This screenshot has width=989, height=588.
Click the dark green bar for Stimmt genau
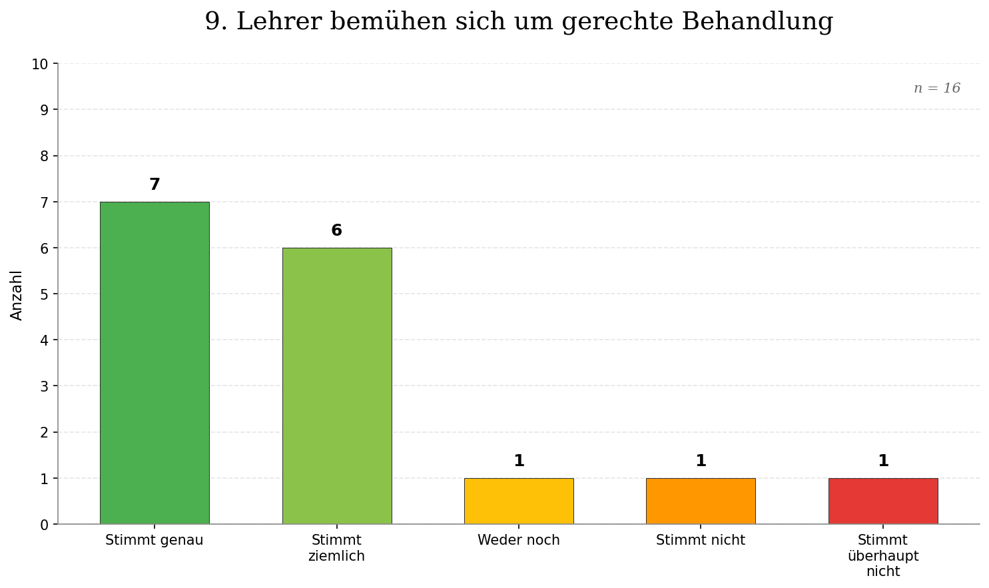coord(155,363)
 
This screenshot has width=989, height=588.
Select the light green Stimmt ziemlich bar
coord(336,386)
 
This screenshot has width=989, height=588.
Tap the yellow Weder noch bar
coord(518,501)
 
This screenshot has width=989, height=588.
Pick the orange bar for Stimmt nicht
coord(701,501)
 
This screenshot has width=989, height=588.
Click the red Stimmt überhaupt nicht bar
coord(882,501)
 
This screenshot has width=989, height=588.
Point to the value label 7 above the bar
coord(155,185)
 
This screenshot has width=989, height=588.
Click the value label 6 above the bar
coord(336,231)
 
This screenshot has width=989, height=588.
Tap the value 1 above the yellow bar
coord(519,461)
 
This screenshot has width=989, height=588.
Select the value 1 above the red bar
coord(883,461)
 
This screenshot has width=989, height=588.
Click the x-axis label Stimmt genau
coord(155,540)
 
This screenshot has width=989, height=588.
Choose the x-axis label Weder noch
coord(518,540)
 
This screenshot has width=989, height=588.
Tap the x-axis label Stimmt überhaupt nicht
coord(882,555)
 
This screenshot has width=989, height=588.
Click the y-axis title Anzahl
coord(17,294)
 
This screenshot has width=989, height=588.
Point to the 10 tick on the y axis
coord(40,65)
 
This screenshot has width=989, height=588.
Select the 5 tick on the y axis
coord(44,294)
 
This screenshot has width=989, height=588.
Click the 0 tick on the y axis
coord(44,525)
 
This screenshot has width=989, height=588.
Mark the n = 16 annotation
coord(936,89)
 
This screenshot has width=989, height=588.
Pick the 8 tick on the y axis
coord(44,156)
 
